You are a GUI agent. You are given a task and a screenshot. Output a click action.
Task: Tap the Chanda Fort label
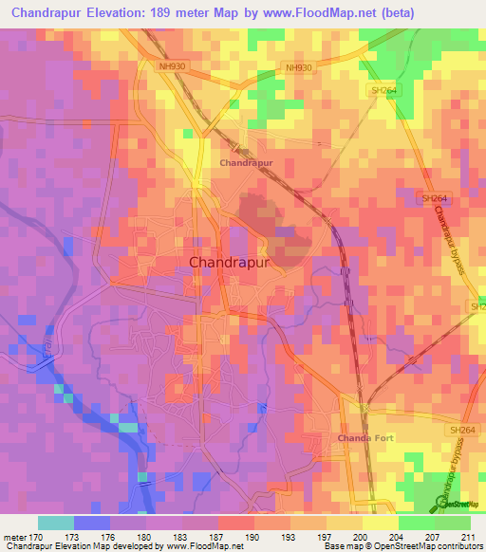pyautogui.click(x=366, y=438)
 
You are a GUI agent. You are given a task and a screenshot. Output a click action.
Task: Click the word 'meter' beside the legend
pyautogui.click(x=15, y=536)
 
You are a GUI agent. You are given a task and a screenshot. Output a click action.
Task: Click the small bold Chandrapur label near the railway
pyautogui.click(x=247, y=163)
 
